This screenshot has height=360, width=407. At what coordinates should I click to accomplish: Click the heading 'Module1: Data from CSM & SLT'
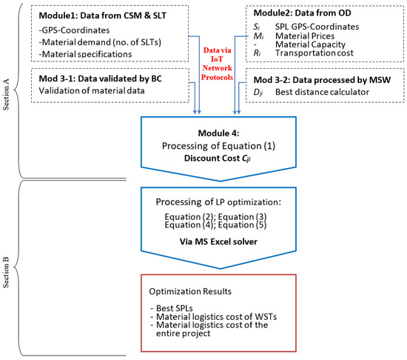coord(102,16)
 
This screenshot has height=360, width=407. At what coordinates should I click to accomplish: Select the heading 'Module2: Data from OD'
coord(302,13)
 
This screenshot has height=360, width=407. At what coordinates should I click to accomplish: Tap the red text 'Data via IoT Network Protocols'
coord(217,64)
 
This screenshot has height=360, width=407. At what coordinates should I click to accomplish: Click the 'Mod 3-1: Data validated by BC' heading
coord(100,79)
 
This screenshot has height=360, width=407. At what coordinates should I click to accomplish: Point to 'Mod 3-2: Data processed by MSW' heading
coord(322,80)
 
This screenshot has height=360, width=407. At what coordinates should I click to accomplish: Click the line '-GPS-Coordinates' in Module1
coord(74,30)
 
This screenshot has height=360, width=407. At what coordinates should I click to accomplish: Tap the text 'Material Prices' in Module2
coord(305,36)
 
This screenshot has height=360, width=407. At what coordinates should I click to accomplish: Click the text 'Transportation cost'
coord(314,53)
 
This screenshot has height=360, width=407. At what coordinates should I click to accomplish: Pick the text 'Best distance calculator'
coord(322,92)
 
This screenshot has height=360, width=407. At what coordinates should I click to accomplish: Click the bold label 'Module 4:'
coord(218,133)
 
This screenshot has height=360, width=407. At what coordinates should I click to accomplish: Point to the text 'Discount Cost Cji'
coord(218,159)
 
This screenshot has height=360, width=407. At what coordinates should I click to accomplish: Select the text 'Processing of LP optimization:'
coord(218,201)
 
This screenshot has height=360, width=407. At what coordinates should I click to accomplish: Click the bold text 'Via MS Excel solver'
coord(218,241)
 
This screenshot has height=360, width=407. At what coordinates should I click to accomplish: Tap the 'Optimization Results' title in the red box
coord(190,291)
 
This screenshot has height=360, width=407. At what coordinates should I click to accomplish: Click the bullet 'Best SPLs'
coord(172,308)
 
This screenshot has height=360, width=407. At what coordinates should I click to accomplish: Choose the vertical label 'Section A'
coord(6,94)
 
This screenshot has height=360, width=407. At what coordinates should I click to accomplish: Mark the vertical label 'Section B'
coord(6,272)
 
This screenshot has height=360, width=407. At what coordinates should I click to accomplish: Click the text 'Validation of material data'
coord(92,90)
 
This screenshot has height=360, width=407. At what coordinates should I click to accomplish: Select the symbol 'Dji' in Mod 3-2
coord(258,93)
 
